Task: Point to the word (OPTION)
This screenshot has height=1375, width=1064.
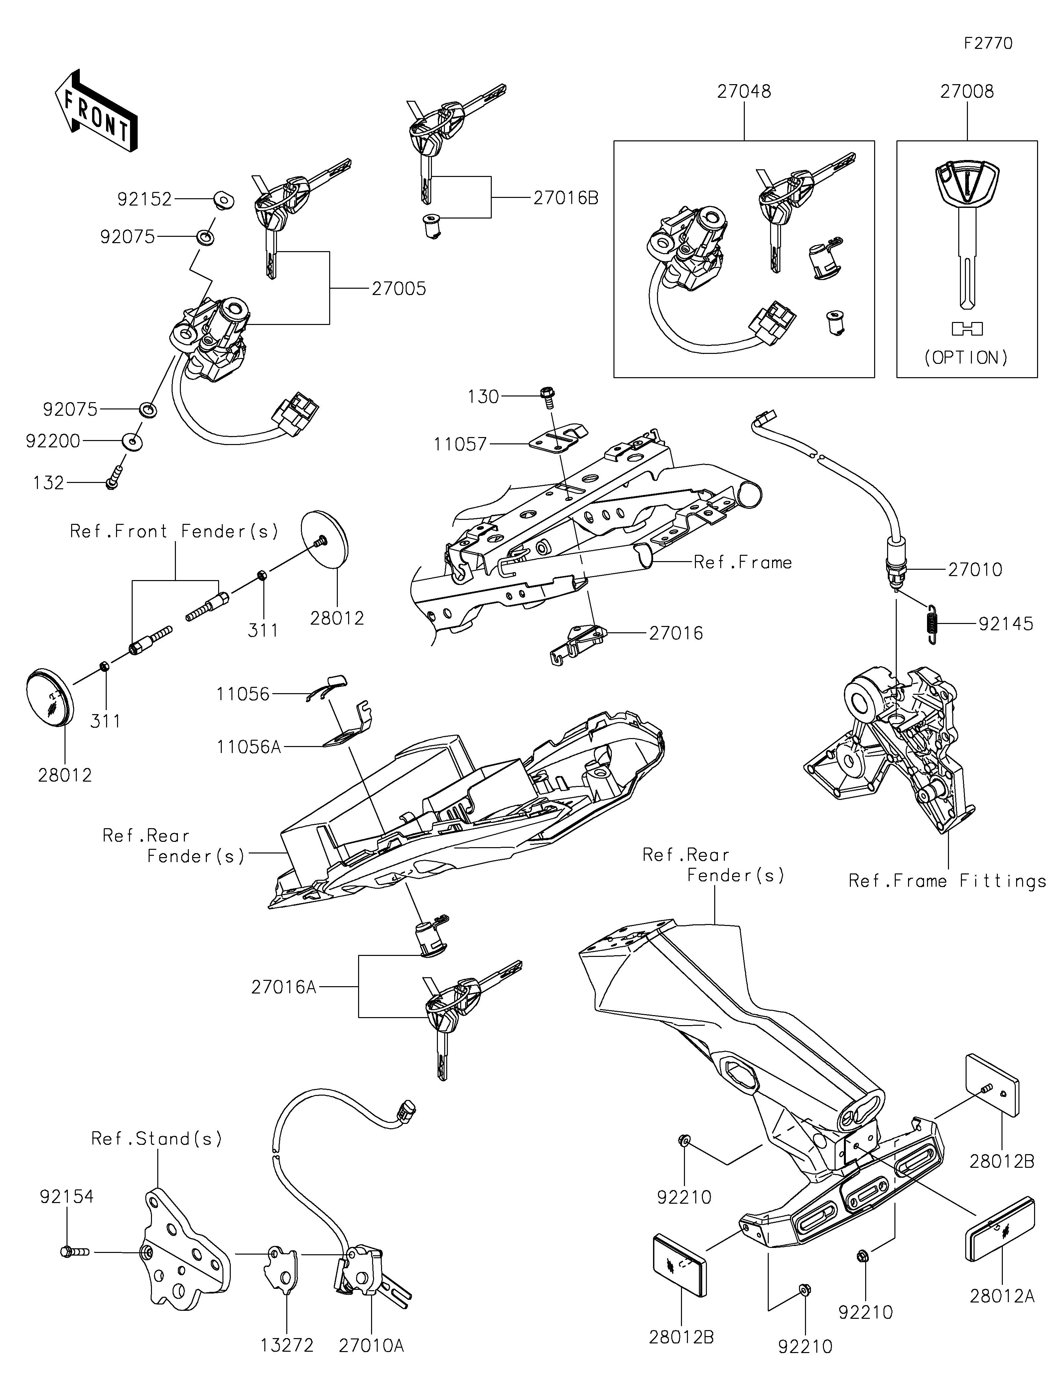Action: click(967, 358)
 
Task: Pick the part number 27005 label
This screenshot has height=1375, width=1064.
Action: click(399, 289)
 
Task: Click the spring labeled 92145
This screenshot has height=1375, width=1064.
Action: click(932, 623)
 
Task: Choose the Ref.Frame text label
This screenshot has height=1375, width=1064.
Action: click(742, 562)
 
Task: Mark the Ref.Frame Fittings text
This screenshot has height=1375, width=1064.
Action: click(947, 881)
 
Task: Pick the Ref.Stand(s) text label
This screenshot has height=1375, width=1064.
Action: click(157, 1139)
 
